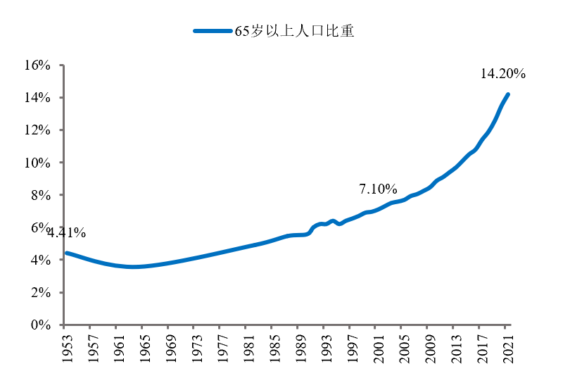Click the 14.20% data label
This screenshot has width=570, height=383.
[503, 74]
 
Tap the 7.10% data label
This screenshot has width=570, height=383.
[378, 189]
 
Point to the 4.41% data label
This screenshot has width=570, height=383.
[66, 232]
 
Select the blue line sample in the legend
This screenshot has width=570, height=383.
[213, 31]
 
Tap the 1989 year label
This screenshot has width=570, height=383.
[298, 346]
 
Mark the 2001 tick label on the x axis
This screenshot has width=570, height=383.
[376, 346]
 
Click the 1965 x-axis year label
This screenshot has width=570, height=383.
[143, 346]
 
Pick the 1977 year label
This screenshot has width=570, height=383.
[220, 346]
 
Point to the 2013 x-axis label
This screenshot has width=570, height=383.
[455, 346]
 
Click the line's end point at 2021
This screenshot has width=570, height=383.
[507, 94]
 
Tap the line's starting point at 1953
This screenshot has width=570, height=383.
[65, 253]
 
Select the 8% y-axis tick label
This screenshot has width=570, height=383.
[40, 195]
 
